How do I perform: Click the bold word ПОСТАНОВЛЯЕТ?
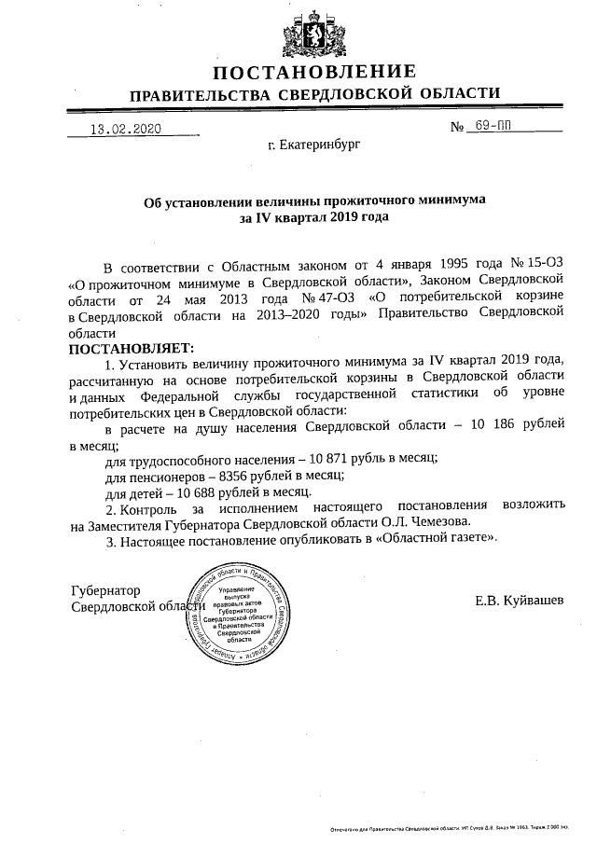point(129,347)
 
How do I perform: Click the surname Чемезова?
point(439,522)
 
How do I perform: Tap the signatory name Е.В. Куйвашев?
point(519,597)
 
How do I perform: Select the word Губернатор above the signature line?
point(105,590)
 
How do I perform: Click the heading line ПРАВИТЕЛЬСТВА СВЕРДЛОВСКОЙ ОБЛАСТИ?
point(314,94)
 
